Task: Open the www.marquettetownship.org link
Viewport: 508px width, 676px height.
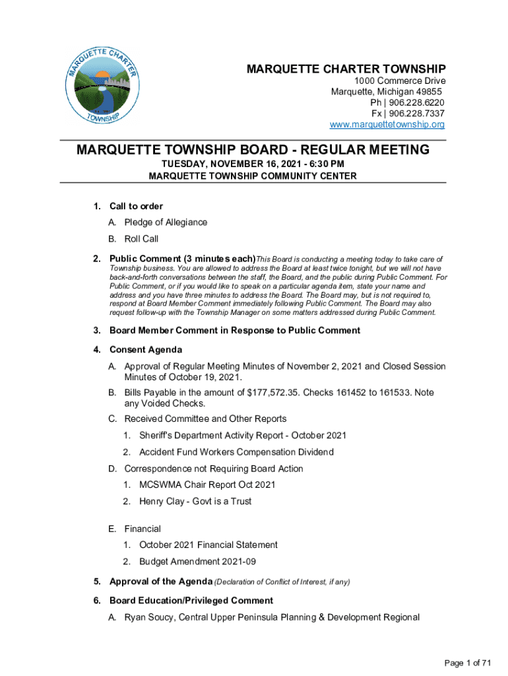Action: (x=387, y=125)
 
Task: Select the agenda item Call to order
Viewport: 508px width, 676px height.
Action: (x=136, y=207)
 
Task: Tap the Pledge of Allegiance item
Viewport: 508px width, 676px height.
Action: (x=166, y=222)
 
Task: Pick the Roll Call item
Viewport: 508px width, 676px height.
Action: (x=141, y=239)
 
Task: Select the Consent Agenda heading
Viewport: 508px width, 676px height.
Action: (x=145, y=349)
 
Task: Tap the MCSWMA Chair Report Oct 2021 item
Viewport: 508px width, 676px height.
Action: (x=206, y=485)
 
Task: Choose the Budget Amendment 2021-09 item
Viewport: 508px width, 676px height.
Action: (x=197, y=561)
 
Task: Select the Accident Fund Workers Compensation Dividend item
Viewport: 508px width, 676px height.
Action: (x=236, y=452)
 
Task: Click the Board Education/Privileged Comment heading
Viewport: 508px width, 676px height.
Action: (x=191, y=601)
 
